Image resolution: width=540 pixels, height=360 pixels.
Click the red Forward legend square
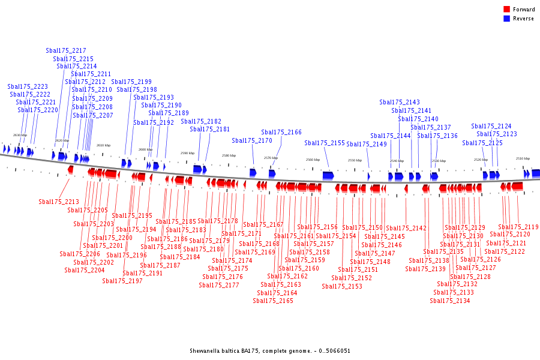coord(506,10)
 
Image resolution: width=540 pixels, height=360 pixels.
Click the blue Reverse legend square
coord(506,19)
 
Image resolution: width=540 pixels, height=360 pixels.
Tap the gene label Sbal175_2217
coord(66,51)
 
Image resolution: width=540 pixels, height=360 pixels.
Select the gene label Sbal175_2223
coord(28,87)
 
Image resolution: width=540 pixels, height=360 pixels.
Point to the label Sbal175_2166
coord(281,133)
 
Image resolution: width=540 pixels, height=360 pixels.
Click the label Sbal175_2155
coord(325,143)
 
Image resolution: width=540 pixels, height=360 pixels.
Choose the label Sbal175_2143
coord(400,103)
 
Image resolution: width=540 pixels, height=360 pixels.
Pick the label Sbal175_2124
coord(491,127)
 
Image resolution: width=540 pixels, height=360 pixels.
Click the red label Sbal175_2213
coord(59,202)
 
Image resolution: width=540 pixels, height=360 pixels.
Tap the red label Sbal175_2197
coord(122,281)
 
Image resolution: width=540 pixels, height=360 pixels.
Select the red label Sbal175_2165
coord(273,301)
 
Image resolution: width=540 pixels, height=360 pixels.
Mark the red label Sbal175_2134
coord(450,301)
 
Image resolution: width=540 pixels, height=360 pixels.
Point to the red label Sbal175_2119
coord(518,227)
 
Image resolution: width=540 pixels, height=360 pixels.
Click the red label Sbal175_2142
coord(406,229)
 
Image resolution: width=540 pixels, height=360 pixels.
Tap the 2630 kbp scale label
coord(20,136)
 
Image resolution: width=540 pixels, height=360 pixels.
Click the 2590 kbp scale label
coord(188,153)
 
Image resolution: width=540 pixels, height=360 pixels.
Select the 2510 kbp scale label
coord(523,158)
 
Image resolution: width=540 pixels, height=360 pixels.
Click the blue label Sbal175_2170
coord(252,141)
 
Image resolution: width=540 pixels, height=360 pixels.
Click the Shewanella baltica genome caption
coord(270,351)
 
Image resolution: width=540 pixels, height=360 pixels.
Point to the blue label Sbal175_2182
coord(201,122)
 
